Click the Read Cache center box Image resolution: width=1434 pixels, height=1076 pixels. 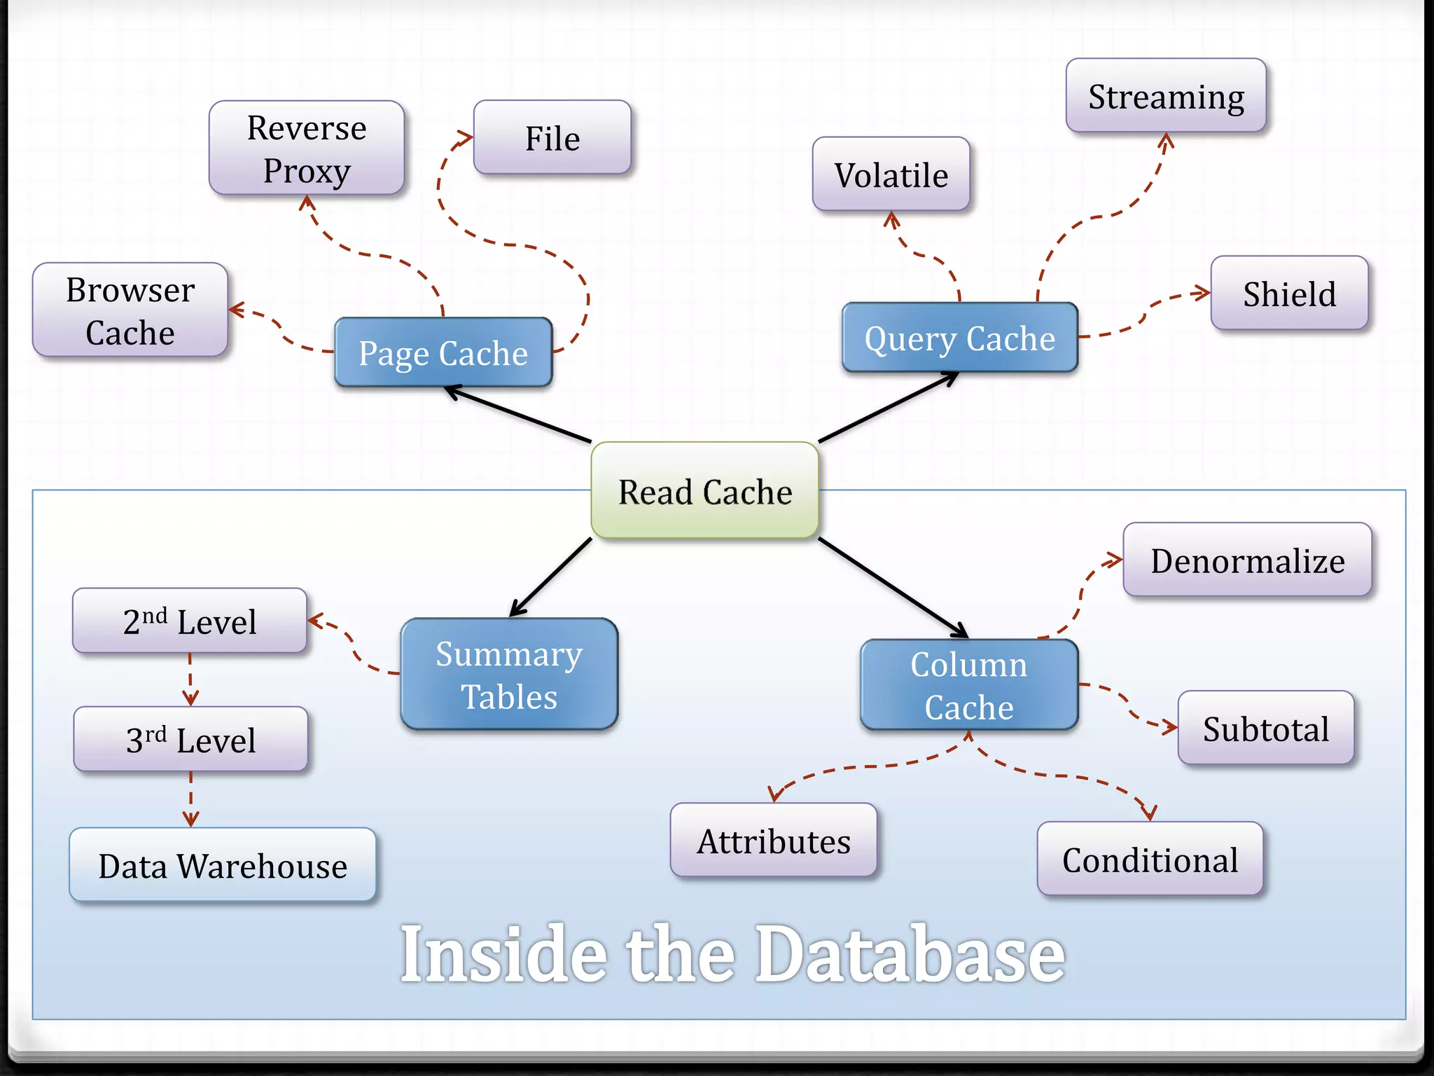click(704, 490)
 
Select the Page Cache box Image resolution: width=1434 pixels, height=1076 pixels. click(443, 352)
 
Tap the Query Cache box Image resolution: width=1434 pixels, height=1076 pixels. click(959, 338)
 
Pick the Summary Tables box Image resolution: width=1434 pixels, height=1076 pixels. click(509, 674)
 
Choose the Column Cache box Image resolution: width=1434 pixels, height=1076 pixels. click(968, 684)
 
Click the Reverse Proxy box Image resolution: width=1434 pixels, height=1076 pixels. click(307, 148)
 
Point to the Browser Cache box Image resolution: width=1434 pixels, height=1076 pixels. click(130, 310)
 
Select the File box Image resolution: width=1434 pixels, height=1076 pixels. click(552, 137)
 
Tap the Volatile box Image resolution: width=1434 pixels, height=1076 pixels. click(891, 174)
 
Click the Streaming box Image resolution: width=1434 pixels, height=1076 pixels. click(1166, 96)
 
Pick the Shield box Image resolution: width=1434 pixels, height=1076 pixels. click(1289, 293)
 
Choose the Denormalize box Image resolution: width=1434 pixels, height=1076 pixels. click(1247, 560)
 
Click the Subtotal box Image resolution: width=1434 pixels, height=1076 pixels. click(1265, 728)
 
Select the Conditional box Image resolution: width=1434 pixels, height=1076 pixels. click(1150, 859)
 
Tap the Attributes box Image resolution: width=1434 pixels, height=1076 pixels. click(773, 840)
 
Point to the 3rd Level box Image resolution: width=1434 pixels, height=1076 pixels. click(190, 739)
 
